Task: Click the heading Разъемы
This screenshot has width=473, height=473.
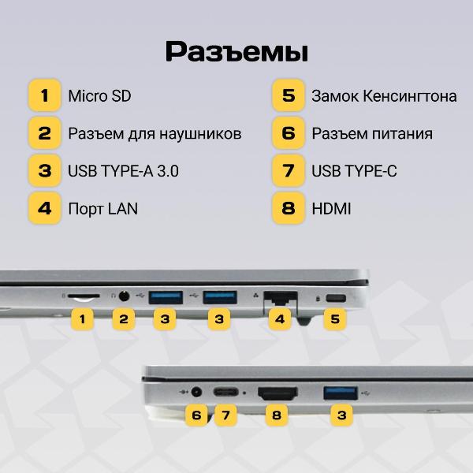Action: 236,51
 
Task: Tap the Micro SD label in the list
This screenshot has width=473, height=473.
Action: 99,96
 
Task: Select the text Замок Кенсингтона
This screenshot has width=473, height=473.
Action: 384,96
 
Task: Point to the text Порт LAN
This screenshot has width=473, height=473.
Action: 102,209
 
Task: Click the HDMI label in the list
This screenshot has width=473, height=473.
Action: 331,209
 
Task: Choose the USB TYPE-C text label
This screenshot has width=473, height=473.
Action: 354,171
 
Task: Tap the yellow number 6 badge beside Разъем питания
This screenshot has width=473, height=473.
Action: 289,133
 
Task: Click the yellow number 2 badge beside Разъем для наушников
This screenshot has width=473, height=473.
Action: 45,133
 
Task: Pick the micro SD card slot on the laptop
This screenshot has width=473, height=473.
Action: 84,296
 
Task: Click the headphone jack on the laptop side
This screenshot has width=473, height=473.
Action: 124,296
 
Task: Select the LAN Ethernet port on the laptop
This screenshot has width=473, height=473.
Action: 281,297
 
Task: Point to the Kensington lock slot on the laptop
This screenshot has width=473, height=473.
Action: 336,298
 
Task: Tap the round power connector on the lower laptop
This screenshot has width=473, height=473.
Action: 196,392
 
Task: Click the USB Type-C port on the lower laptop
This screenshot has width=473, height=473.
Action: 225,393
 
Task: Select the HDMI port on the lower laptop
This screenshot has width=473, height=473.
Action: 277,393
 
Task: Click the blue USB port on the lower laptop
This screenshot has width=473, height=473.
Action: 341,393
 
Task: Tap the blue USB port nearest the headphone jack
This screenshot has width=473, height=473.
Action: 166,297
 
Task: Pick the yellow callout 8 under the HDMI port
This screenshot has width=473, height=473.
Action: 277,415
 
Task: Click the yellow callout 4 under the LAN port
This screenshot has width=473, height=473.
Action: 280,318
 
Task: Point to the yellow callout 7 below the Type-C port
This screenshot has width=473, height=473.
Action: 225,415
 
